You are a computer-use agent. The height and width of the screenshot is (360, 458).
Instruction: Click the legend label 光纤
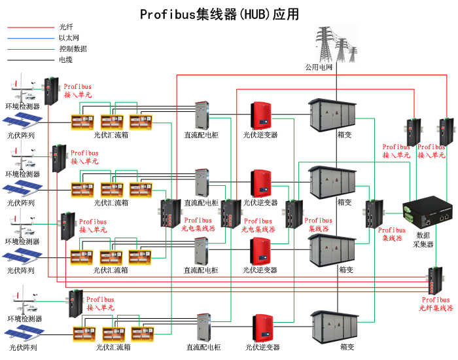pyautogui.click(x=66, y=27)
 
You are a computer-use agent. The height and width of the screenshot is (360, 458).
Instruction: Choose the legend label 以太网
pyautogui.click(x=69, y=38)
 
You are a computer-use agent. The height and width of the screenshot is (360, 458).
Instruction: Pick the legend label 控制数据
pyautogui.click(x=73, y=48)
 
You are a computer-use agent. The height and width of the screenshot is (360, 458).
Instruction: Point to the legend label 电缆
pyautogui.click(x=66, y=60)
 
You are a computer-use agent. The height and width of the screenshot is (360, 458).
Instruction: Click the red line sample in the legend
pyautogui.click(x=29, y=27)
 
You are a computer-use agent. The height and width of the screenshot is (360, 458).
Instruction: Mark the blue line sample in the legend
pyautogui.click(x=29, y=38)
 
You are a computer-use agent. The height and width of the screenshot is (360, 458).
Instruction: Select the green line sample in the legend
pyautogui.click(x=29, y=48)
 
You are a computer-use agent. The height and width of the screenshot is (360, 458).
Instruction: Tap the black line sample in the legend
pyautogui.click(x=29, y=60)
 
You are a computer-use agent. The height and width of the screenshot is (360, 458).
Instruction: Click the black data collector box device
pyautogui.click(x=429, y=210)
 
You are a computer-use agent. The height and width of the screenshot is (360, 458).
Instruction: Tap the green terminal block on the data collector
pyautogui.click(x=409, y=210)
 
